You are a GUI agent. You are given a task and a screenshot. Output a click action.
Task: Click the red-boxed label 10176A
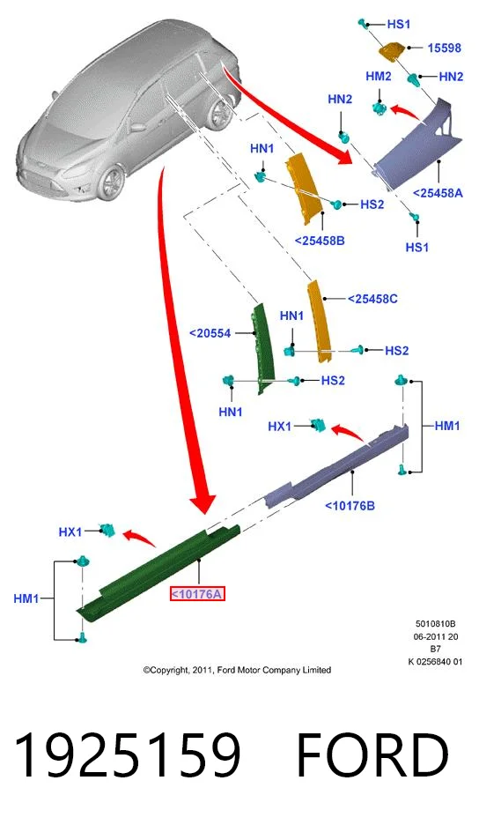pos(197,594)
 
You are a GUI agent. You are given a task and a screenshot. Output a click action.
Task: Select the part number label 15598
pos(444,48)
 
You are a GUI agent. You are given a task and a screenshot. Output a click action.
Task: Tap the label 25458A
pos(438,193)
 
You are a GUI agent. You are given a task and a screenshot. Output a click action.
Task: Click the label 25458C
pos(372,299)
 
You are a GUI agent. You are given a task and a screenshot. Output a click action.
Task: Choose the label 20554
pos(210,333)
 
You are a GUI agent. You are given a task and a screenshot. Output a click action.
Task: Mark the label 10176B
pos(350,506)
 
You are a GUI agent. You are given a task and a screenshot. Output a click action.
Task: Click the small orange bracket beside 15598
pos(392,50)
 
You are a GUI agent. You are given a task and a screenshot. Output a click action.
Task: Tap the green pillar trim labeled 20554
pos(264,348)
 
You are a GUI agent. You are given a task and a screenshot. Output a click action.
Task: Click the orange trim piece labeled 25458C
pos(321,321)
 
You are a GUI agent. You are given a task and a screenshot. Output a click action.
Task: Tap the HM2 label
pos(379,77)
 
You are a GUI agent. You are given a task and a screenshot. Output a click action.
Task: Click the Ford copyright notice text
pos(237,670)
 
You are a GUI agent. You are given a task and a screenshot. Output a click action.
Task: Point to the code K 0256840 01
pos(435,661)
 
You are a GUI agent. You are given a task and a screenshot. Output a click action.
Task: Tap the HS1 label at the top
pos(398,24)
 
